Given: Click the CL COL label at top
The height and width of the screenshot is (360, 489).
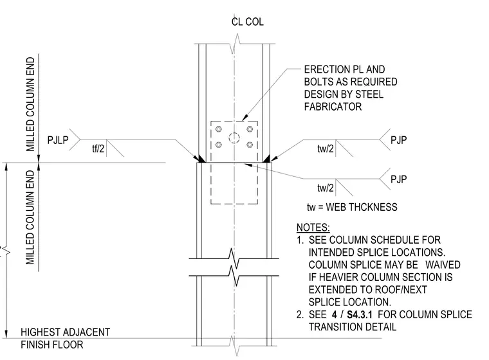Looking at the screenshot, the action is (x=247, y=22).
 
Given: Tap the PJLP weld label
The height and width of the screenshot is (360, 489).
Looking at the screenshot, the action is (x=58, y=140).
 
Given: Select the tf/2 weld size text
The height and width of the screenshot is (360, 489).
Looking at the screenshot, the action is (x=98, y=148).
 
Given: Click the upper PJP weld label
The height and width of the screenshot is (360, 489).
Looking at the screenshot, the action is (x=398, y=140).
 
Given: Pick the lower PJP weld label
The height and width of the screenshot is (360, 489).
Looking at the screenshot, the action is (x=398, y=179).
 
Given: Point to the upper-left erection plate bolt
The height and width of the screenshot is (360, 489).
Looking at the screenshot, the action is (x=219, y=129).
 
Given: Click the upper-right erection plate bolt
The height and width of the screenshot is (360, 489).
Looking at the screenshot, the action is (x=250, y=129).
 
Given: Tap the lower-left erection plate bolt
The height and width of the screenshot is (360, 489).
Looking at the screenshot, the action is (x=219, y=145).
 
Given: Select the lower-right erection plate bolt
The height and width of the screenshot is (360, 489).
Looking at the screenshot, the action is (x=250, y=145).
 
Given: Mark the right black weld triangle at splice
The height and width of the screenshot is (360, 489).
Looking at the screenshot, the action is (x=266, y=159).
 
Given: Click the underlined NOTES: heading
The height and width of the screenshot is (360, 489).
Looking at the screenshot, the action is (x=313, y=228).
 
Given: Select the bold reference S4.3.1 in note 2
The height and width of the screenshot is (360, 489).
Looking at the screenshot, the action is (x=359, y=314).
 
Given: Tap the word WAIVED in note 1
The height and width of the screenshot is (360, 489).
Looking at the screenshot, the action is (x=443, y=265).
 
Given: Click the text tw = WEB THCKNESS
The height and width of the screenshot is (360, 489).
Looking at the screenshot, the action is (x=352, y=207).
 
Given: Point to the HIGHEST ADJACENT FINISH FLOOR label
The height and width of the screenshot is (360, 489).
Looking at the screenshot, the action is (x=65, y=339).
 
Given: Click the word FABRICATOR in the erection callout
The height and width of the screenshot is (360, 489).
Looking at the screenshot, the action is (x=333, y=107).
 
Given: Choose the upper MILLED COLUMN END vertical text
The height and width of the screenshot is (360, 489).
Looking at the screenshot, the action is (x=30, y=104).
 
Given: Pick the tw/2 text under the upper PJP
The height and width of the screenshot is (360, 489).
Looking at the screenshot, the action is (x=326, y=148).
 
